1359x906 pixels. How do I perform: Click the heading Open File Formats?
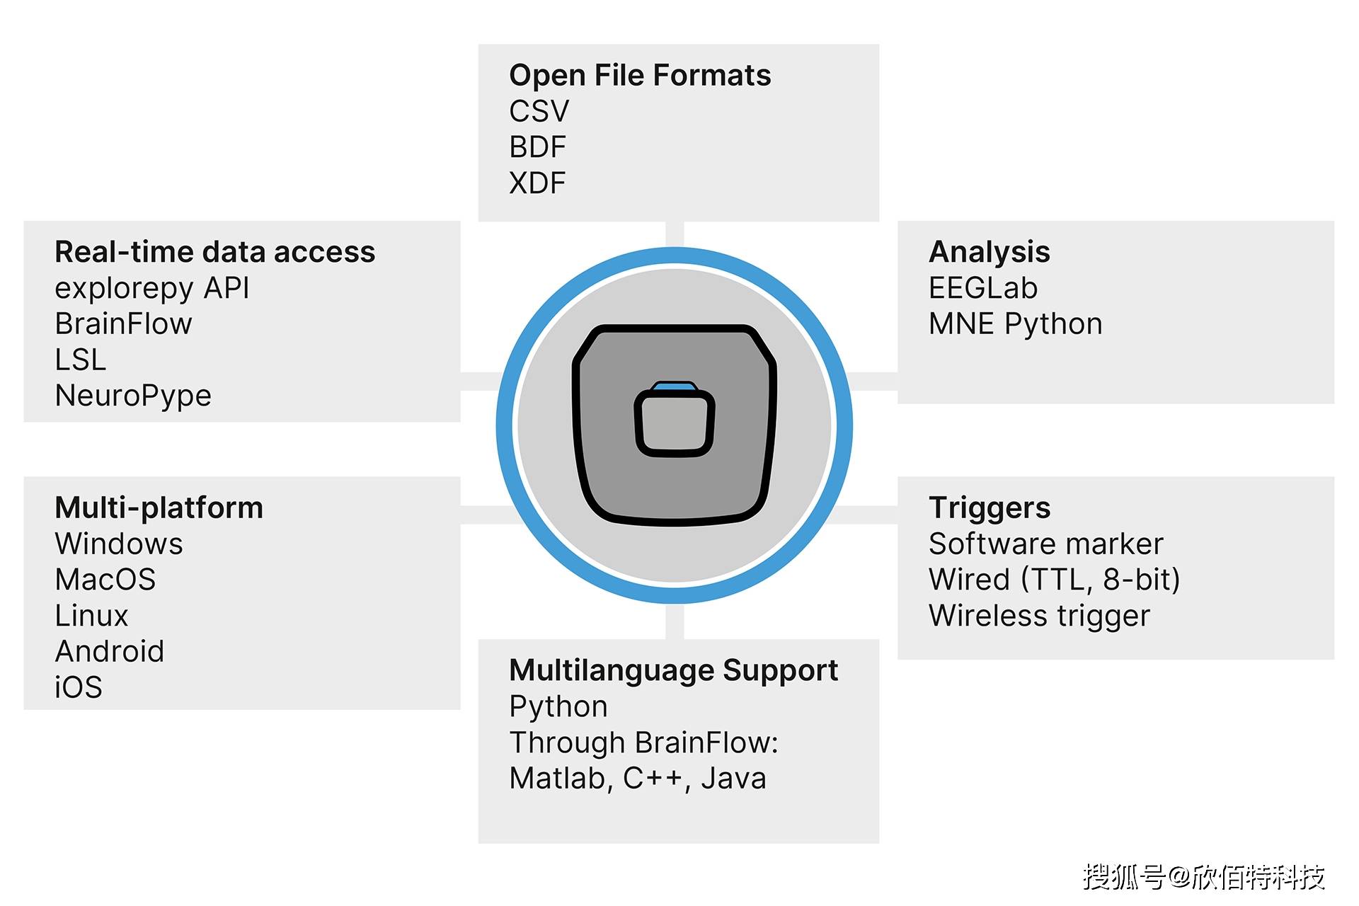click(640, 75)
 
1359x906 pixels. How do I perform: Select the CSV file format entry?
click(539, 111)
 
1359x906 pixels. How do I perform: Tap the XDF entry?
click(537, 183)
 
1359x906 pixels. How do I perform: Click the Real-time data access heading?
click(215, 252)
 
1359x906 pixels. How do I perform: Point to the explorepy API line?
click(152, 288)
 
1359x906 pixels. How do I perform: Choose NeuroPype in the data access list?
click(133, 396)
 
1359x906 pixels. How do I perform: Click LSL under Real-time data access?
click(81, 360)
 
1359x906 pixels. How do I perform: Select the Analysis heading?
click(989, 252)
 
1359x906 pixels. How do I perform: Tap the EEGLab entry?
click(983, 288)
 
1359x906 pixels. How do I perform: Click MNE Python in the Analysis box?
click(1016, 324)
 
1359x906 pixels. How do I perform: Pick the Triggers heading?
click(990, 508)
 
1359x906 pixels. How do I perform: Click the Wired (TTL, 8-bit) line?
click(1055, 580)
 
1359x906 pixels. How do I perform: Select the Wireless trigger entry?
click(1039, 616)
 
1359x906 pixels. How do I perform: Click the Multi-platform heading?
click(159, 508)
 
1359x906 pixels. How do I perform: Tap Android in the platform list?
click(110, 651)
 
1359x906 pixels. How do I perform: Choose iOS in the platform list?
click(79, 687)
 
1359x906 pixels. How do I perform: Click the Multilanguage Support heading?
click(673, 670)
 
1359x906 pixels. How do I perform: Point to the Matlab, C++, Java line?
click(638, 779)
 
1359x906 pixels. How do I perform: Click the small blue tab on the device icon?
click(675, 386)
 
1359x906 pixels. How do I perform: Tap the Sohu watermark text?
click(1203, 877)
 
